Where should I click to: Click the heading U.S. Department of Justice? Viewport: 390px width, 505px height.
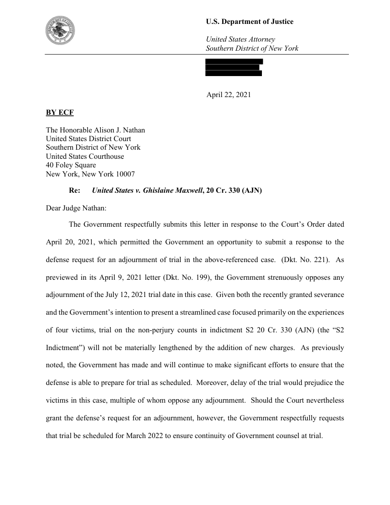click(x=249, y=22)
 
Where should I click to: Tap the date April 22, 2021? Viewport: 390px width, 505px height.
click(x=228, y=95)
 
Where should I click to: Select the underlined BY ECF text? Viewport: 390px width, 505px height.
click(x=60, y=113)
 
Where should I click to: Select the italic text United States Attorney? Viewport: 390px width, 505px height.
click(x=240, y=39)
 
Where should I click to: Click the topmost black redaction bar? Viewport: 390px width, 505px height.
click(x=234, y=61)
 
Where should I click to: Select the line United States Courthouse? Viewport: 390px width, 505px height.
click(x=85, y=156)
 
